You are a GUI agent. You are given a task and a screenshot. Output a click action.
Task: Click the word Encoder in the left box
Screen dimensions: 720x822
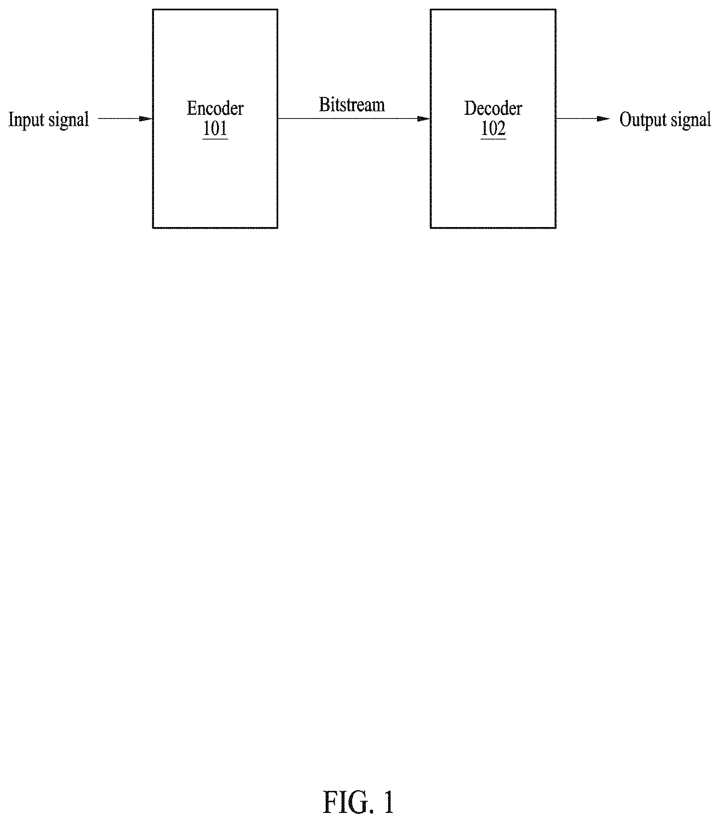coord(215,108)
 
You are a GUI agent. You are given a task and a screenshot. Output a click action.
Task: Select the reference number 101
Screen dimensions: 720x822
coord(215,128)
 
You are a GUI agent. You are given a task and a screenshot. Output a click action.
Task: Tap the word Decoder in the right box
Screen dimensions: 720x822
coord(493,108)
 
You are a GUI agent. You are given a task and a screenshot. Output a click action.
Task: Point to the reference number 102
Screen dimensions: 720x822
coord(493,128)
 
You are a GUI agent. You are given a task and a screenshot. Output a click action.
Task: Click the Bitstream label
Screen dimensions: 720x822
coord(352,105)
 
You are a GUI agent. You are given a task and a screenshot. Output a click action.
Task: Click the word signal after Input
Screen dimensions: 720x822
coord(69,121)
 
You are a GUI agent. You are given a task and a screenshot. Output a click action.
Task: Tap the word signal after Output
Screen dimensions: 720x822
coord(691,121)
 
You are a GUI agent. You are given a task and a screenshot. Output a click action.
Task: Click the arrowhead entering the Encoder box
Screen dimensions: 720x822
coord(146,119)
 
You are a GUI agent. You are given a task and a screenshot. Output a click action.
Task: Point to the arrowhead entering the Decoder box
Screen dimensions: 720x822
coord(424,119)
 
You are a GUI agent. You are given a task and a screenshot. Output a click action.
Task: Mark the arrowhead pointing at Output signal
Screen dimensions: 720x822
coord(604,119)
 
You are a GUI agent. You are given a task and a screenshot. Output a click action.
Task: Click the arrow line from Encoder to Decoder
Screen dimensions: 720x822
coord(354,119)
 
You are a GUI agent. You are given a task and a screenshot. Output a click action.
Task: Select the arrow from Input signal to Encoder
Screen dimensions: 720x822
coord(126,119)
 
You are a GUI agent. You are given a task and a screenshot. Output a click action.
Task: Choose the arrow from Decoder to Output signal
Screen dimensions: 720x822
coord(583,119)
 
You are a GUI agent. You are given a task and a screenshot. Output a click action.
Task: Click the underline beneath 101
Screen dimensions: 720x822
coord(215,139)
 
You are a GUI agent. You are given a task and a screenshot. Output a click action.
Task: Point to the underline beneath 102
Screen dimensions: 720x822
coord(493,139)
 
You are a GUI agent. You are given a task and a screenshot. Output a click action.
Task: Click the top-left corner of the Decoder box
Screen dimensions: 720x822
coord(431,10)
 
